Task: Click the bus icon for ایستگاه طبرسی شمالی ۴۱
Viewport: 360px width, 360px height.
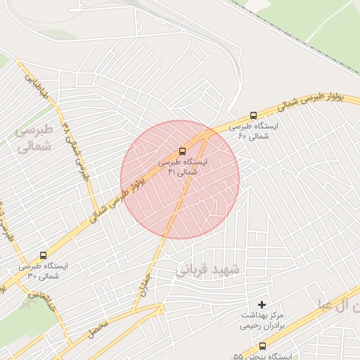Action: click(x=183, y=150)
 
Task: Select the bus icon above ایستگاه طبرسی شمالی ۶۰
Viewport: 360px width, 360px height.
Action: click(x=253, y=115)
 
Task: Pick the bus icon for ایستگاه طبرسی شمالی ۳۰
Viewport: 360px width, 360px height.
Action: click(x=44, y=255)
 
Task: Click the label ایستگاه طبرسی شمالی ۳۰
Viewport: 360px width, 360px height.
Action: click(x=43, y=271)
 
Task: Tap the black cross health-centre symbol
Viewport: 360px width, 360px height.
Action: click(x=262, y=304)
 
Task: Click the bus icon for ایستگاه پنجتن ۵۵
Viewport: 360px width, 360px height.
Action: click(x=262, y=346)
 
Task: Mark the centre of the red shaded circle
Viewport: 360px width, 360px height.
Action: click(x=180, y=179)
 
